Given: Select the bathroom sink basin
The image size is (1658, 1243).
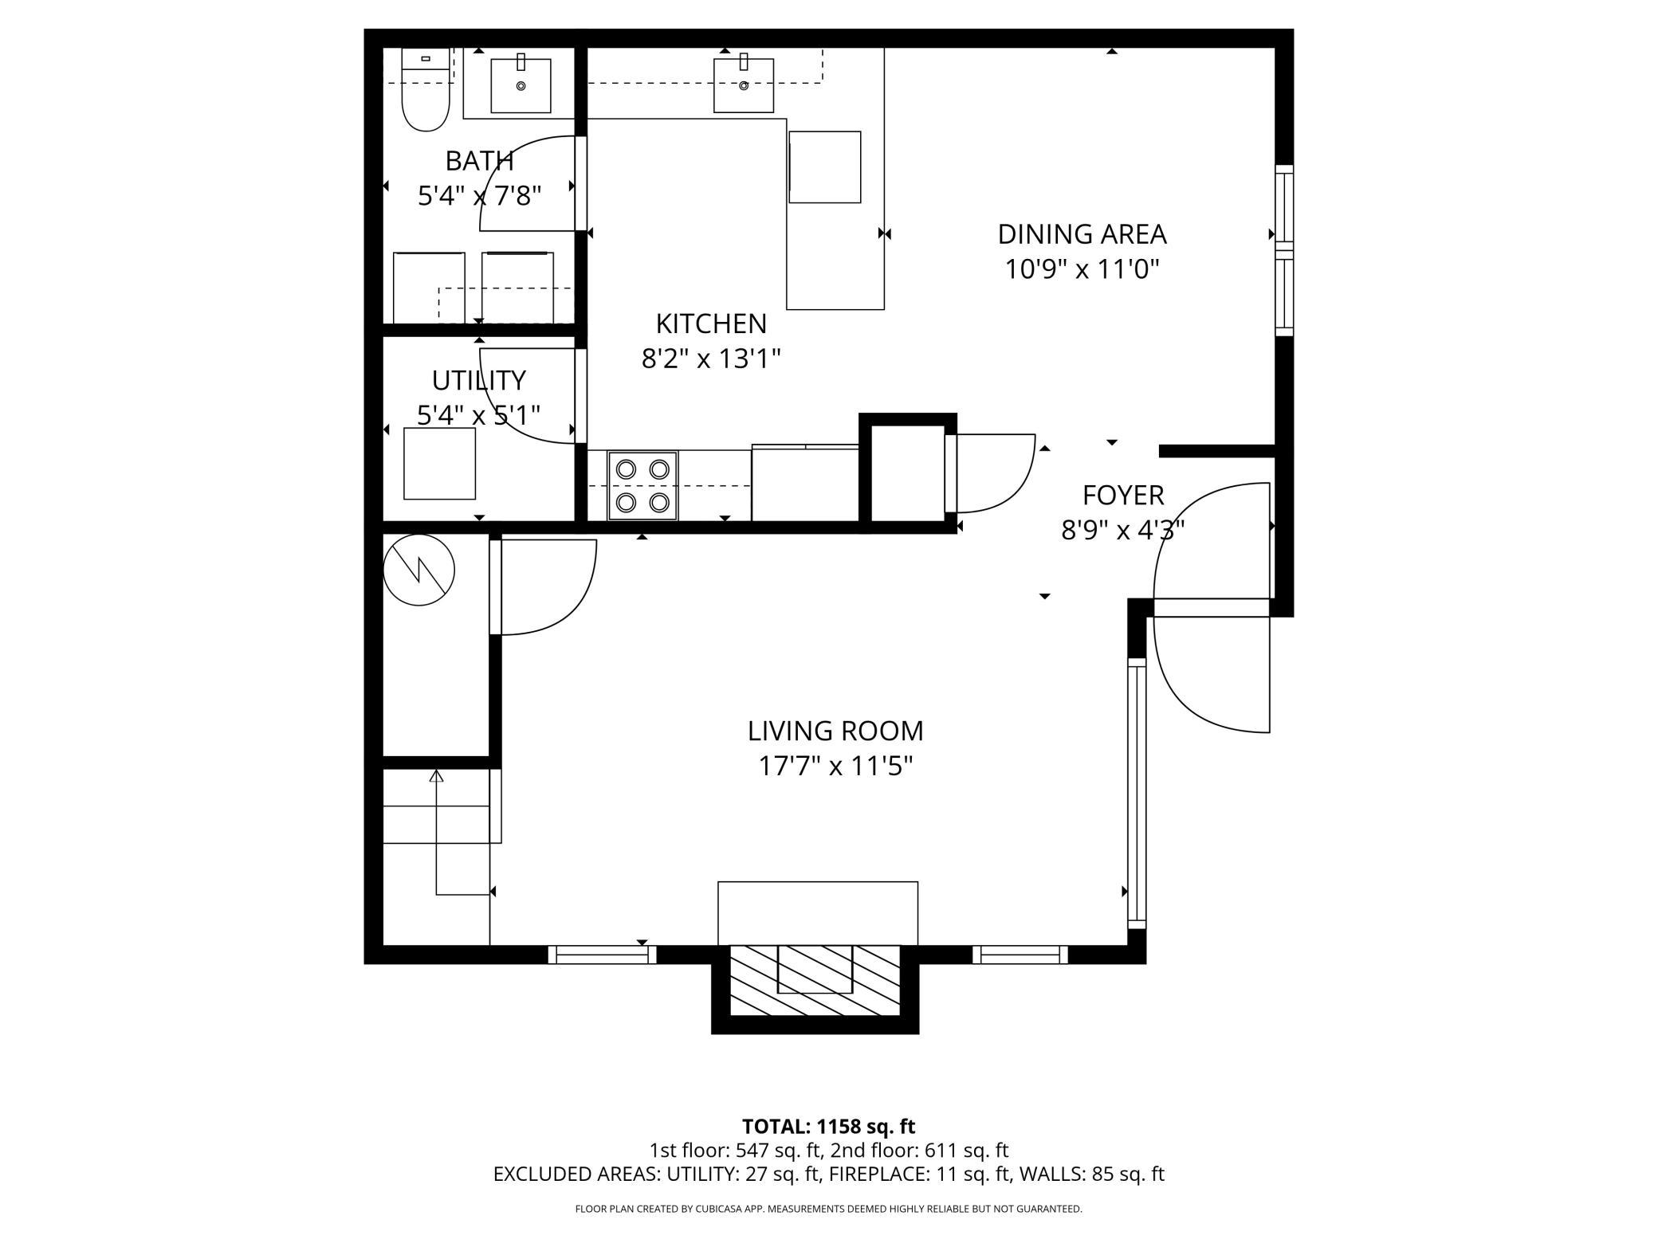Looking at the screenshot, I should pos(521,85).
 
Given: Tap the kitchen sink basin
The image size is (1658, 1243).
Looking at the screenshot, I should pos(744,85).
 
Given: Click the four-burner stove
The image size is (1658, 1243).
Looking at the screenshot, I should pos(642,485).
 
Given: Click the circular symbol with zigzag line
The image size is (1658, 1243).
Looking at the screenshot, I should pos(419,570).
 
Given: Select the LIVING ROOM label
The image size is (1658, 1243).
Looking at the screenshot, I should pos(835,731).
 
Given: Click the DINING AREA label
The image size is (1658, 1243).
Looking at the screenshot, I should pos(1082,234).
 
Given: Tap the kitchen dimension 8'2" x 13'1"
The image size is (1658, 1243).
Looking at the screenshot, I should pos(710,359).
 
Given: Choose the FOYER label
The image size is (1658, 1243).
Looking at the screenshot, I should pos(1122,496).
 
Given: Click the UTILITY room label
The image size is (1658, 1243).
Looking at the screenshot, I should pos(478,381).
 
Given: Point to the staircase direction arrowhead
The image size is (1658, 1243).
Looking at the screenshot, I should pos(436,775).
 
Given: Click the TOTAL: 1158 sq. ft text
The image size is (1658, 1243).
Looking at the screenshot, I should pos(828,1127).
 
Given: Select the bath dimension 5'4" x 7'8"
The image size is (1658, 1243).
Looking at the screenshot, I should pos(479,196).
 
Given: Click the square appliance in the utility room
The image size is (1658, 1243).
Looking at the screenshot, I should pos(439,464).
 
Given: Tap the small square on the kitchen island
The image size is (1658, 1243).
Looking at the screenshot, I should pos(824,167).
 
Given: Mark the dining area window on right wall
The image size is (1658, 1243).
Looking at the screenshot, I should pos(1283,250).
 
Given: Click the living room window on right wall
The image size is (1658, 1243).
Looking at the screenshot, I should pos(1136,793).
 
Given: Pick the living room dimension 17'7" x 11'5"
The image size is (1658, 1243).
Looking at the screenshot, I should pos(835,767).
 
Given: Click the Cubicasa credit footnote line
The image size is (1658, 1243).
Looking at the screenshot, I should pos(828,1209).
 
